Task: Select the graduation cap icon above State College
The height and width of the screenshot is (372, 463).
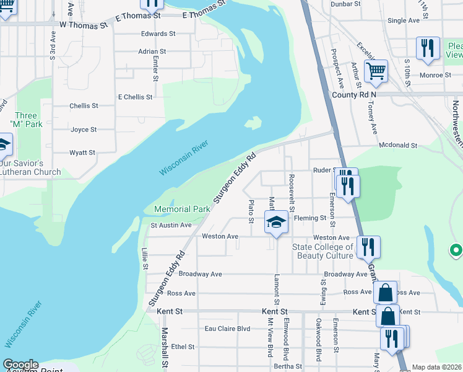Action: (277, 223)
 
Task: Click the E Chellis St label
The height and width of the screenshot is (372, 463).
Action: (135, 97)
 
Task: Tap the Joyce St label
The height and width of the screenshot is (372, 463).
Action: (84, 130)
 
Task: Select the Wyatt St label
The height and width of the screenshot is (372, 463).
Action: (82, 153)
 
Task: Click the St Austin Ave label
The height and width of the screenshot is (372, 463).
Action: (171, 225)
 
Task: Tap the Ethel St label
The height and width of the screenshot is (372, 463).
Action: (183, 347)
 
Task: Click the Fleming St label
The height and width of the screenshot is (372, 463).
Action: (309, 218)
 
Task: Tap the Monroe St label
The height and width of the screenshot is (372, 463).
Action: (436, 75)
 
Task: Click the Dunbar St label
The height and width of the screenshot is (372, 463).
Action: (345, 4)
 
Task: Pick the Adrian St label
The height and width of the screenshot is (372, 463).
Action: (152, 51)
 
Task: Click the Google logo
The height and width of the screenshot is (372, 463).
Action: (20, 365)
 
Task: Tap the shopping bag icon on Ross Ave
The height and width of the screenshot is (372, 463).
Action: (385, 292)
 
